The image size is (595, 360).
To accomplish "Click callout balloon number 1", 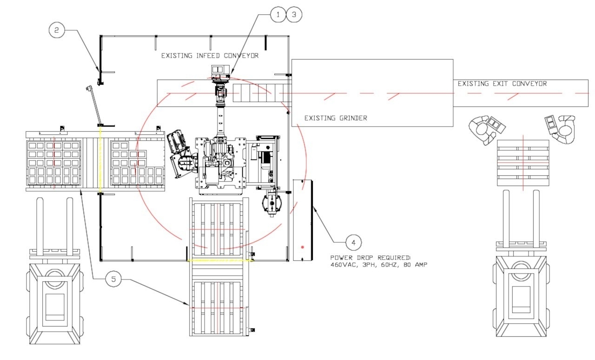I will (278, 15).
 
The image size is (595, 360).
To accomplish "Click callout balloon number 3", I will (294, 15).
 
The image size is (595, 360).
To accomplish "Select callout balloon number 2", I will (57, 30).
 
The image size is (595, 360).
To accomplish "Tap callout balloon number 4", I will (353, 242).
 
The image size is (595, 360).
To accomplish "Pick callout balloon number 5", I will (114, 279).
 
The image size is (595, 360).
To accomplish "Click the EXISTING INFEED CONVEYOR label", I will (210, 56).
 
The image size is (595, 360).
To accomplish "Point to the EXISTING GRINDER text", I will (336, 118).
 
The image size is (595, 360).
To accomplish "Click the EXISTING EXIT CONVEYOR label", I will (502, 84).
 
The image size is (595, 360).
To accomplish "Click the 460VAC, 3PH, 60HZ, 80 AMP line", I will (378, 264).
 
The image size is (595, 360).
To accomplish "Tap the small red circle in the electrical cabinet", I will (303, 247).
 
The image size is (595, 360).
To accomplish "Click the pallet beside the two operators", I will (523, 162).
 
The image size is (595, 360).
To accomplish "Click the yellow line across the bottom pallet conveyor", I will (219, 261).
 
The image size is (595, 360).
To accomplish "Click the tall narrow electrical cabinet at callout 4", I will (303, 220).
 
